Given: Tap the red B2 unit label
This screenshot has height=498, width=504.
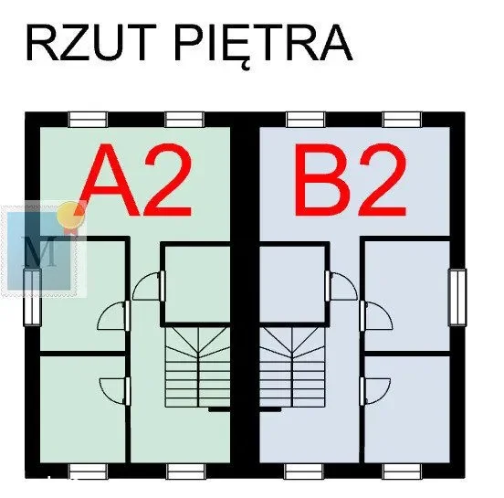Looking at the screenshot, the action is point(351,179).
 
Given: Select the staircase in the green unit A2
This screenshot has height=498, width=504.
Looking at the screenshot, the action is point(198,367).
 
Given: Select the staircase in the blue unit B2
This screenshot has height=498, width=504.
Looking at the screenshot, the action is point(292,367).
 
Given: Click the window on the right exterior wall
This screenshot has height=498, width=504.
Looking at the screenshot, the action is point(457,297).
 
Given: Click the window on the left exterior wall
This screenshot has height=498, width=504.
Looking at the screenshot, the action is point(32,297).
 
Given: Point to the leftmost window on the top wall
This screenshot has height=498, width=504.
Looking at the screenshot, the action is point(88,120).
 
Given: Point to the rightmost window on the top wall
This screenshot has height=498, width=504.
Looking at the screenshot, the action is point(402,120).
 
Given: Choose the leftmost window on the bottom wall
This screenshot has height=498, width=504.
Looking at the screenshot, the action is point(88,472).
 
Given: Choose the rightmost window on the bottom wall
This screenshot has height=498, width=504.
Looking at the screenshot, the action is point(402,472).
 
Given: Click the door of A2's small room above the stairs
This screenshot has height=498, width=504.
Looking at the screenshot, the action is point(148,286).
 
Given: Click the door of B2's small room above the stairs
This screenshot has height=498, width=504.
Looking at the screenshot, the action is point(341,286).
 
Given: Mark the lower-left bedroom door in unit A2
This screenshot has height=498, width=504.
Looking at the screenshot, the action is point(115,391).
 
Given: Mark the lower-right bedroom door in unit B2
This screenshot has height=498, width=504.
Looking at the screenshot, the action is point(375,391).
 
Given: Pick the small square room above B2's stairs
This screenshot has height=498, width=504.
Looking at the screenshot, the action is point(292,284).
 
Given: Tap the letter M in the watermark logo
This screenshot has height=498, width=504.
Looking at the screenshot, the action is point(40,251).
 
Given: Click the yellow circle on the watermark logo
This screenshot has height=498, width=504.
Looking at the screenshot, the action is point(70,214).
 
